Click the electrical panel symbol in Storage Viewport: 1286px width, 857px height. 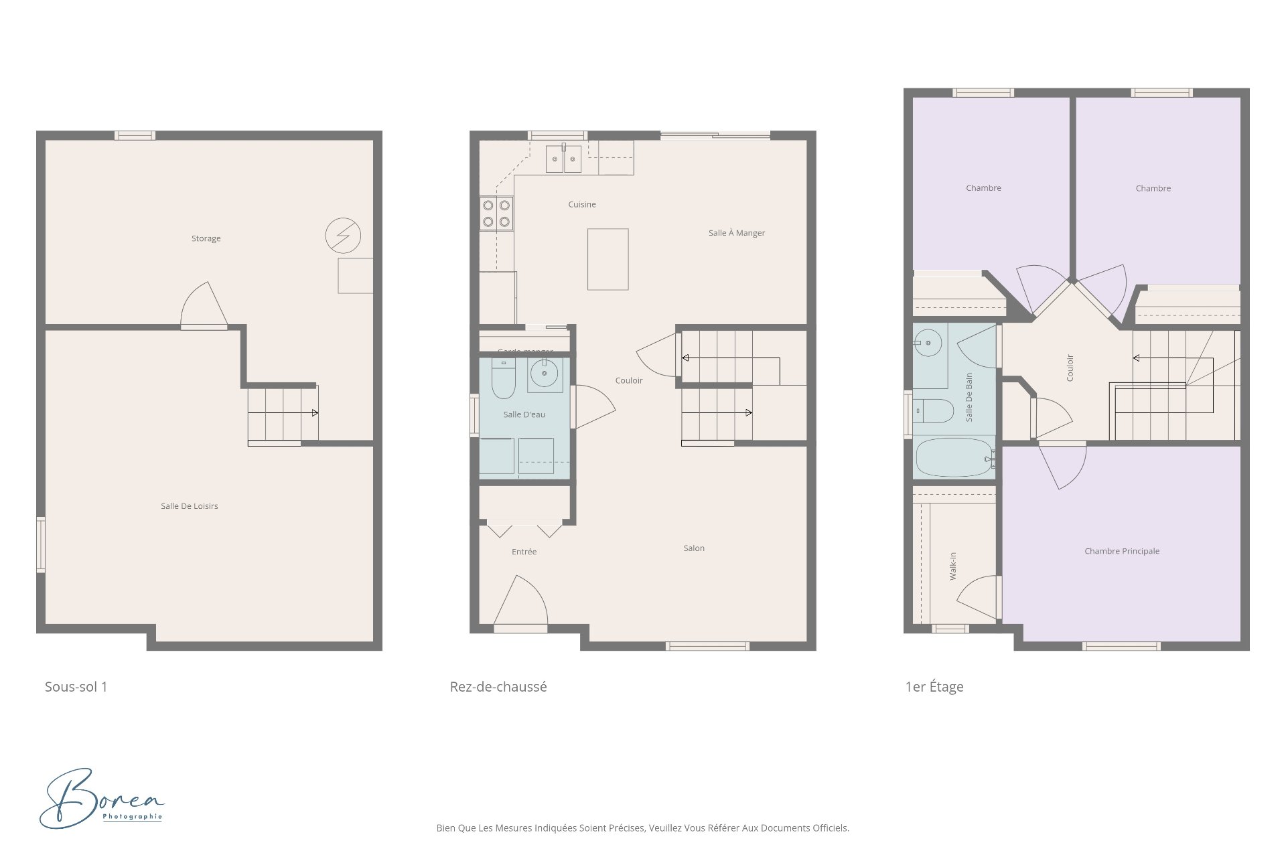point(343,235)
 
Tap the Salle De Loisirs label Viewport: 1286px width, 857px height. point(189,506)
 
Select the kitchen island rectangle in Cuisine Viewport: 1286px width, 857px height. point(608,259)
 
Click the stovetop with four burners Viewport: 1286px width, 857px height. point(496,214)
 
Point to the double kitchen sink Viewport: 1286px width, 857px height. point(563,159)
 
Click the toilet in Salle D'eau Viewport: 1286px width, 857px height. point(503,378)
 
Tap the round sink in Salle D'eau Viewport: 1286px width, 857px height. point(544,374)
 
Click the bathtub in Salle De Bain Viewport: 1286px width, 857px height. point(954,457)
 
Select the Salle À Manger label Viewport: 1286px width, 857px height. point(736,233)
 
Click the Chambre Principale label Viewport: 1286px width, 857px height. point(1121,551)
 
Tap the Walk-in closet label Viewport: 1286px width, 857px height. point(952,566)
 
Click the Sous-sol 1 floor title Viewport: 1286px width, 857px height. point(76,687)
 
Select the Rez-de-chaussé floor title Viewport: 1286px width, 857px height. point(498,687)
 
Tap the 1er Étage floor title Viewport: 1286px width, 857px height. point(934,687)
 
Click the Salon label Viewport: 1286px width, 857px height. point(693,548)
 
